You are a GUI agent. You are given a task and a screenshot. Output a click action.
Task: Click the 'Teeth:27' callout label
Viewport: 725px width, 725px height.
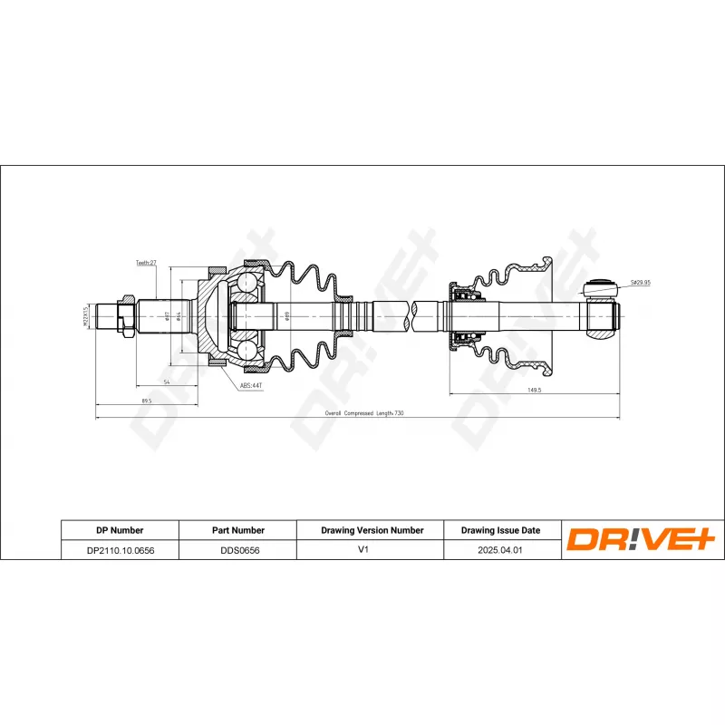coord(147,262)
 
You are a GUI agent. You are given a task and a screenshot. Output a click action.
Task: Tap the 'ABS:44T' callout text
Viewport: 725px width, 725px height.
coord(252,386)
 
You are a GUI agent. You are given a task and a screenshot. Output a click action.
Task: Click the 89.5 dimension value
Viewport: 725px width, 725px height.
coord(145,400)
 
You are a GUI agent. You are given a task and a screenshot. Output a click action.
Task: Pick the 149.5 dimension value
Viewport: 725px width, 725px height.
coord(534,390)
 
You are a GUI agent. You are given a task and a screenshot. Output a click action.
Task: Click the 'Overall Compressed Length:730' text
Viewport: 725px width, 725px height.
coord(364,413)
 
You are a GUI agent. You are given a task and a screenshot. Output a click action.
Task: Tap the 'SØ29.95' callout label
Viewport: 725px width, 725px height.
coord(641,283)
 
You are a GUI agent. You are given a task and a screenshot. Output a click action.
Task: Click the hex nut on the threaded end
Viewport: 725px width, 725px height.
coord(127,314)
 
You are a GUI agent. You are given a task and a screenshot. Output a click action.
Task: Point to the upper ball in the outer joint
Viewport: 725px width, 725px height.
coord(247,284)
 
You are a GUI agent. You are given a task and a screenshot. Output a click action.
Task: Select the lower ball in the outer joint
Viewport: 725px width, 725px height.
coord(247,346)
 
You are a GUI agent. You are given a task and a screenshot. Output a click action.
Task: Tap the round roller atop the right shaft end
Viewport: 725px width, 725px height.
coord(599,289)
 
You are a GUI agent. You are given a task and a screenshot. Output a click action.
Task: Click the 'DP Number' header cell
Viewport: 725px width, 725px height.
coord(120,530)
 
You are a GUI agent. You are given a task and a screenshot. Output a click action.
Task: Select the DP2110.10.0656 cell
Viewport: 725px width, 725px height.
coord(120,549)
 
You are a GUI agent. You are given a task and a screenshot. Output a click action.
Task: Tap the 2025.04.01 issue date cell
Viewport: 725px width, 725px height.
coord(500,549)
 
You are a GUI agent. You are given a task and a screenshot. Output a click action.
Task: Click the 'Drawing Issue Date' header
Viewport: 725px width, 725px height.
coord(500,530)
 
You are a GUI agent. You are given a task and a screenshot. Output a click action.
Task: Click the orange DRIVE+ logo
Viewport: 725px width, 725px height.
coord(642,540)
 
